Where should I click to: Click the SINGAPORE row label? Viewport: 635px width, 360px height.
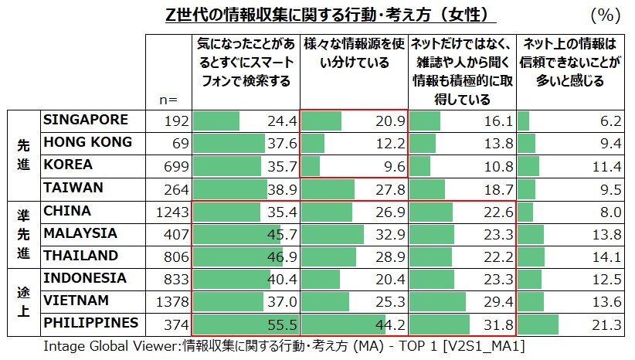click(84, 120)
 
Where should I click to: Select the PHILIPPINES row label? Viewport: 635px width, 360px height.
click(91, 322)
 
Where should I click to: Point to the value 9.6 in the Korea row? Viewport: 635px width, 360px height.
click(394, 167)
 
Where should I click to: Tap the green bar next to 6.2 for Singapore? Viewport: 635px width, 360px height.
click(523, 121)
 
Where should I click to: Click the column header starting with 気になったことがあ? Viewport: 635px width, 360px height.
click(245, 63)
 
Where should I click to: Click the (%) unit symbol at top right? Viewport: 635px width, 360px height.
click(606, 15)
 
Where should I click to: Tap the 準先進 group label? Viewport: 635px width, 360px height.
click(22, 233)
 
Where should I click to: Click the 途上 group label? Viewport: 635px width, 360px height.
click(22, 301)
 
